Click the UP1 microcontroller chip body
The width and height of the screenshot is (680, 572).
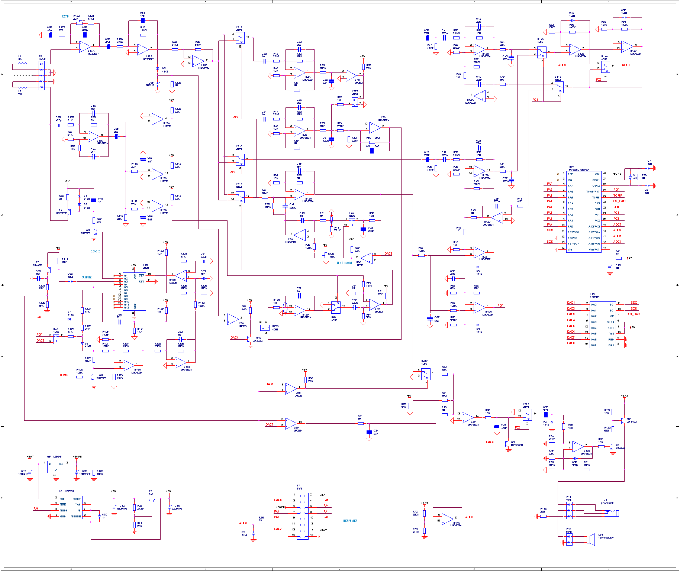583,211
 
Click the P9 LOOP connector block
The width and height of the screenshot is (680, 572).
42,76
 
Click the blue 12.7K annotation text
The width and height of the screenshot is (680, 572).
65,17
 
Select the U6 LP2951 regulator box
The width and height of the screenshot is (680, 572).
70,508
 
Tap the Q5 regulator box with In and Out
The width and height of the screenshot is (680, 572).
56,467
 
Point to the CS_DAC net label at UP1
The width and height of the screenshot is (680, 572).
619,201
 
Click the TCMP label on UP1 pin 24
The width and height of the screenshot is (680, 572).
618,195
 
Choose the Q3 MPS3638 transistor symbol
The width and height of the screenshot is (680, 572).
507,444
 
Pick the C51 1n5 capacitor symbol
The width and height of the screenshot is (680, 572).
143,21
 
